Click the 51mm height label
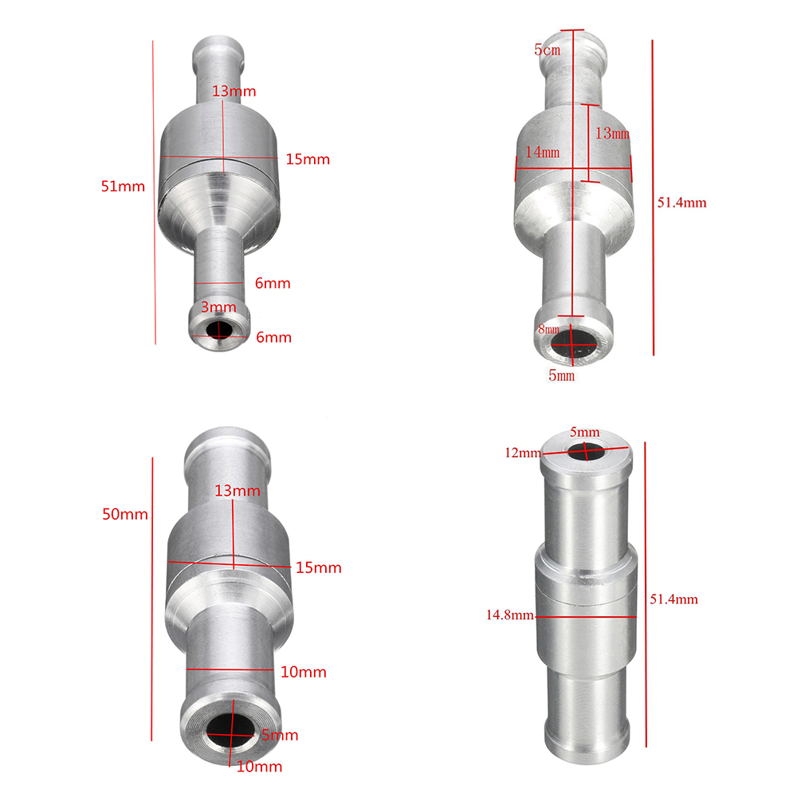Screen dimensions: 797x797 coord(123,186)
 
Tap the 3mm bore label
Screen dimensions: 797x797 coord(218,307)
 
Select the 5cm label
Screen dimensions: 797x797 coord(547,49)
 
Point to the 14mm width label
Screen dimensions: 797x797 coord(542,152)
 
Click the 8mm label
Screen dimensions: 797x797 coord(548,329)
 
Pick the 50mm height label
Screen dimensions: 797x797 coord(125,514)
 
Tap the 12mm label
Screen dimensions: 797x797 coord(523,453)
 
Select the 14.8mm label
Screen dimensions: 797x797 coord(510,615)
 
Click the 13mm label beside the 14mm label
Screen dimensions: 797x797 coord(612,133)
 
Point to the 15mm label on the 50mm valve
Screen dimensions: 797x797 coord(319,567)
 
